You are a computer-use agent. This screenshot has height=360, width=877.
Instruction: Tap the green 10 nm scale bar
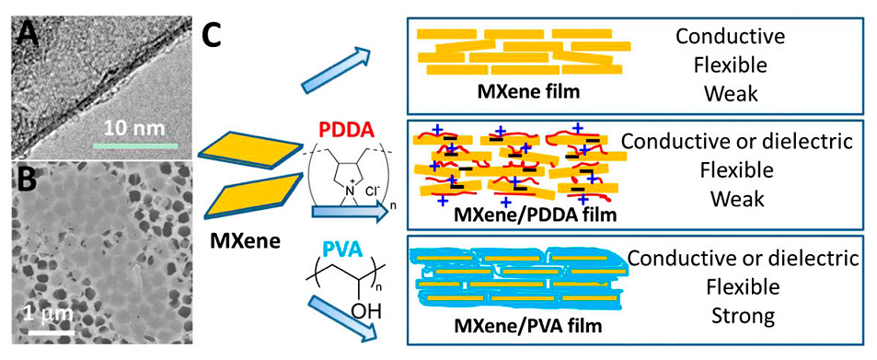coord(133,145)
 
